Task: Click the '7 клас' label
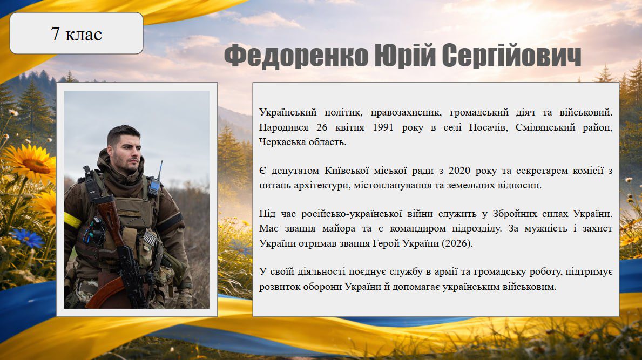[77, 33]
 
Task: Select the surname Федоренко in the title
[296, 56]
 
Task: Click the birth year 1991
[383, 127]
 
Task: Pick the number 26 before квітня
[322, 127]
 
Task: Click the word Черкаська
[280, 142]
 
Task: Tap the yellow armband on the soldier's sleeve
[72, 220]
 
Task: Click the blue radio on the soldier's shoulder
[154, 187]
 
